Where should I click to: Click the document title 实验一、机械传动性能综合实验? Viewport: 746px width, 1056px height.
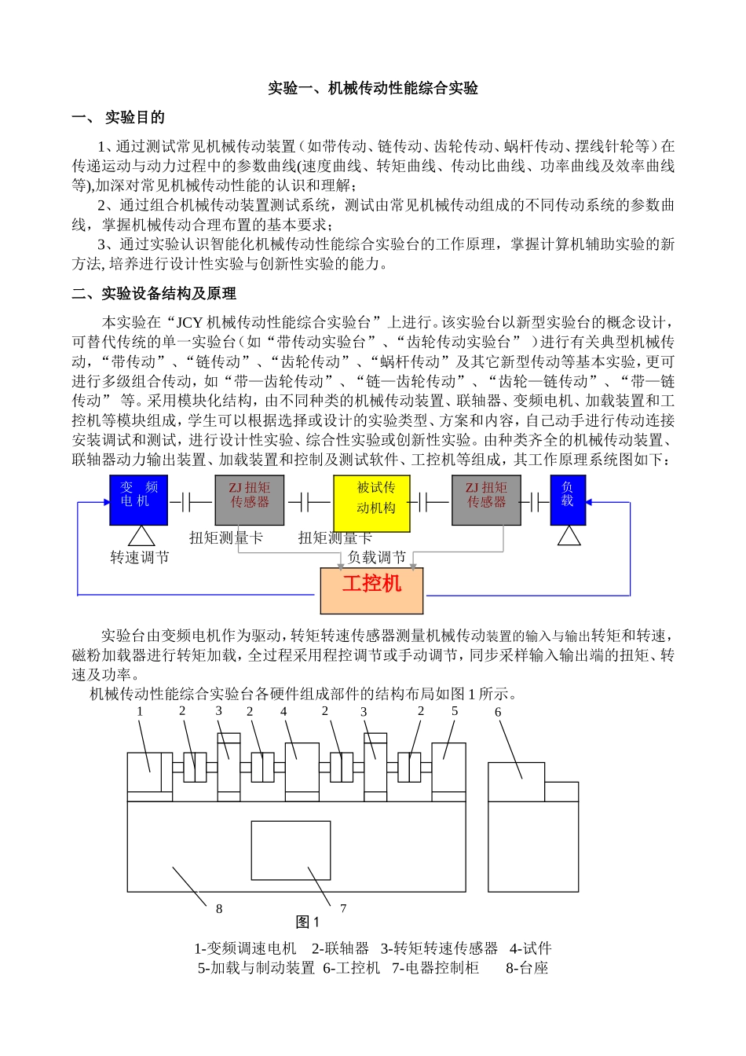click(373, 88)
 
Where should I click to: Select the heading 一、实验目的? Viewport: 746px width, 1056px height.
click(118, 118)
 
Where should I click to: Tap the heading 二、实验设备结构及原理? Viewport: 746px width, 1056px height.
click(154, 294)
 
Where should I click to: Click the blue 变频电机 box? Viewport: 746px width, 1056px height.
click(139, 500)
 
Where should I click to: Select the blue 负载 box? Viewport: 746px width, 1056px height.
click(568, 500)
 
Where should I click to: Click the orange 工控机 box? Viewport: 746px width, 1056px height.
click(371, 590)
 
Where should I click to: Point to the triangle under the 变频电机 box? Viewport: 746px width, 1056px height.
click(141, 537)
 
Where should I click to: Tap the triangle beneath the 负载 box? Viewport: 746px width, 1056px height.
click(569, 537)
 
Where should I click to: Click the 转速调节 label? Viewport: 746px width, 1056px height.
click(140, 558)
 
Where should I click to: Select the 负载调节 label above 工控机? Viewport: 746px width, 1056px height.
click(377, 558)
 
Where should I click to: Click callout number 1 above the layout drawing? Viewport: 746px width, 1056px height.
click(140, 712)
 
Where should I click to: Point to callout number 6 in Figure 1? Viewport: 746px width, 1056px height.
click(498, 713)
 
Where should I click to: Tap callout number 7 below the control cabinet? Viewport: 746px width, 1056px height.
click(343, 908)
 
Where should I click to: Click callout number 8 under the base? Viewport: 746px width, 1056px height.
click(219, 909)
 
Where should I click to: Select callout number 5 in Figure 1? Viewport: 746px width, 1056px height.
click(455, 711)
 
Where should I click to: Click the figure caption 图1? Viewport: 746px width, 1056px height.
click(307, 922)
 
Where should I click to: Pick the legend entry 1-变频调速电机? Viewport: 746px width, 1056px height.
click(245, 948)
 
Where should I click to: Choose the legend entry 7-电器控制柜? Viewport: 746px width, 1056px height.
click(436, 968)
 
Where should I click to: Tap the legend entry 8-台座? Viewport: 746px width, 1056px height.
click(527, 968)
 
